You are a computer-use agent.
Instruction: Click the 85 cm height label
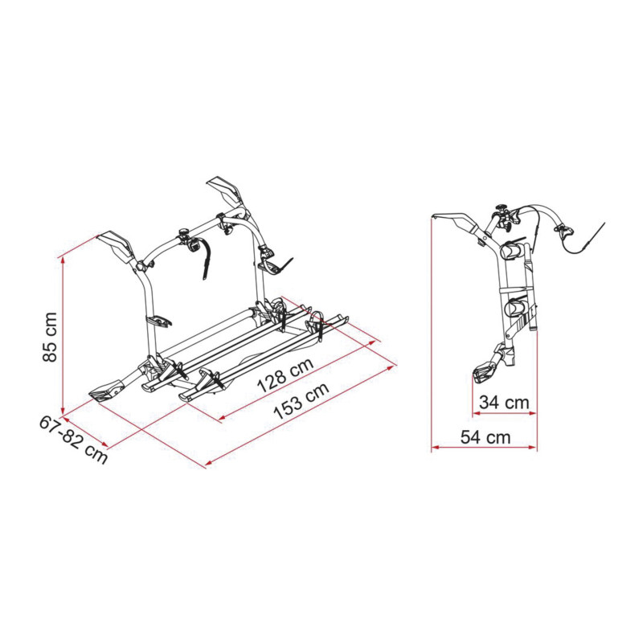(x=50, y=337)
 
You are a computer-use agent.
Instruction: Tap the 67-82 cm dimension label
(x=74, y=439)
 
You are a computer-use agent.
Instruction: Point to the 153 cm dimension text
(x=301, y=400)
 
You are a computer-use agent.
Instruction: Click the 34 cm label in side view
(x=504, y=403)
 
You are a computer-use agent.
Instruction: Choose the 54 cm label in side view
(x=485, y=437)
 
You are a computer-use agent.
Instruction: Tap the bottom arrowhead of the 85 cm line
(x=63, y=411)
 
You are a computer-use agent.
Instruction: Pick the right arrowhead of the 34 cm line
(x=532, y=413)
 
